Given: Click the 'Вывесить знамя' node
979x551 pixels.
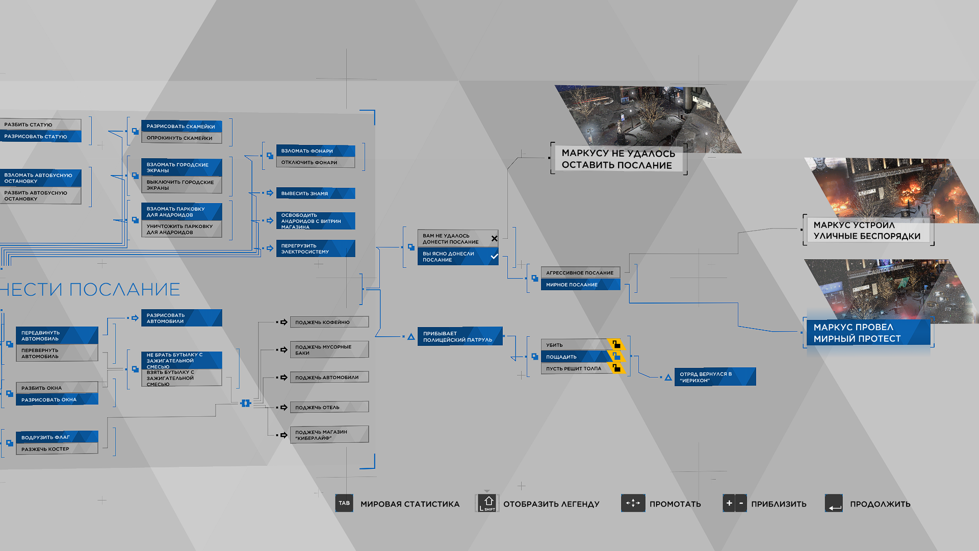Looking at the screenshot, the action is (x=316, y=193).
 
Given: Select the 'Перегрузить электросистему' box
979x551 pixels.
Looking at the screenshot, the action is (x=316, y=248).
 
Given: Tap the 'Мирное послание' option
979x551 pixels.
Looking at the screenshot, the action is (x=580, y=285).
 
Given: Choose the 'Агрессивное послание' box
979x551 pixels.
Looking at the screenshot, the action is (x=580, y=273).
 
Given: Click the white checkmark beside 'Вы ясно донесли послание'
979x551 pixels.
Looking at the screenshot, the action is (x=494, y=256).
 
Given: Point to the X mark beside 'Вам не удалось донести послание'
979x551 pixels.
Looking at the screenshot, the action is (x=494, y=239).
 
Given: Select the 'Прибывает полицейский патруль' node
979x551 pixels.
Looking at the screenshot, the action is (x=460, y=336).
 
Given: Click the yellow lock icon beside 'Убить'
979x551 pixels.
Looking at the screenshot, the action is (x=616, y=344).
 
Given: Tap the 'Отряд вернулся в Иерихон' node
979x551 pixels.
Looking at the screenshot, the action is (x=715, y=377).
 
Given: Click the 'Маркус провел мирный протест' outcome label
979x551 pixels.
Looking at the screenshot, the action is (x=868, y=333).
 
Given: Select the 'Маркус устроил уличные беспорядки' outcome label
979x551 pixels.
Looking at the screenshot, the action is (x=868, y=230).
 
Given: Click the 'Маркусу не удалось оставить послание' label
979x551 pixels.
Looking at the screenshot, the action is (x=619, y=159).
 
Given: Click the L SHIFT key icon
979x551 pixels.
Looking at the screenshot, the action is (x=487, y=503).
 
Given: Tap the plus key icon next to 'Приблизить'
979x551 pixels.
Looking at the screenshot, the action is (x=729, y=503).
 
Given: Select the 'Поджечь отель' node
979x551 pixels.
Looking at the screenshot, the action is (x=329, y=407).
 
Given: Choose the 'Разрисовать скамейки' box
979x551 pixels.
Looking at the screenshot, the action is (x=182, y=126).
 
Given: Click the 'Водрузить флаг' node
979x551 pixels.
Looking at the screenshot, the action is (x=57, y=437).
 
